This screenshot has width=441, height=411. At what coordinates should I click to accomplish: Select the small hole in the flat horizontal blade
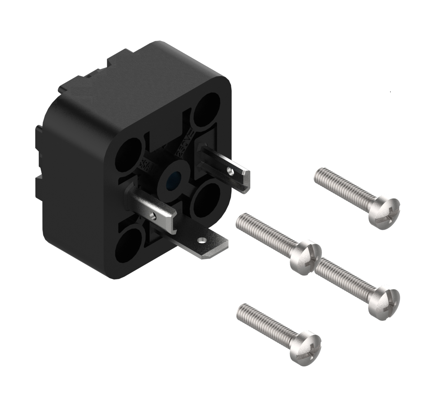coord(202,240)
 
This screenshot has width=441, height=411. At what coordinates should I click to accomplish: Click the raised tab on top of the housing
coord(122,58)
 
